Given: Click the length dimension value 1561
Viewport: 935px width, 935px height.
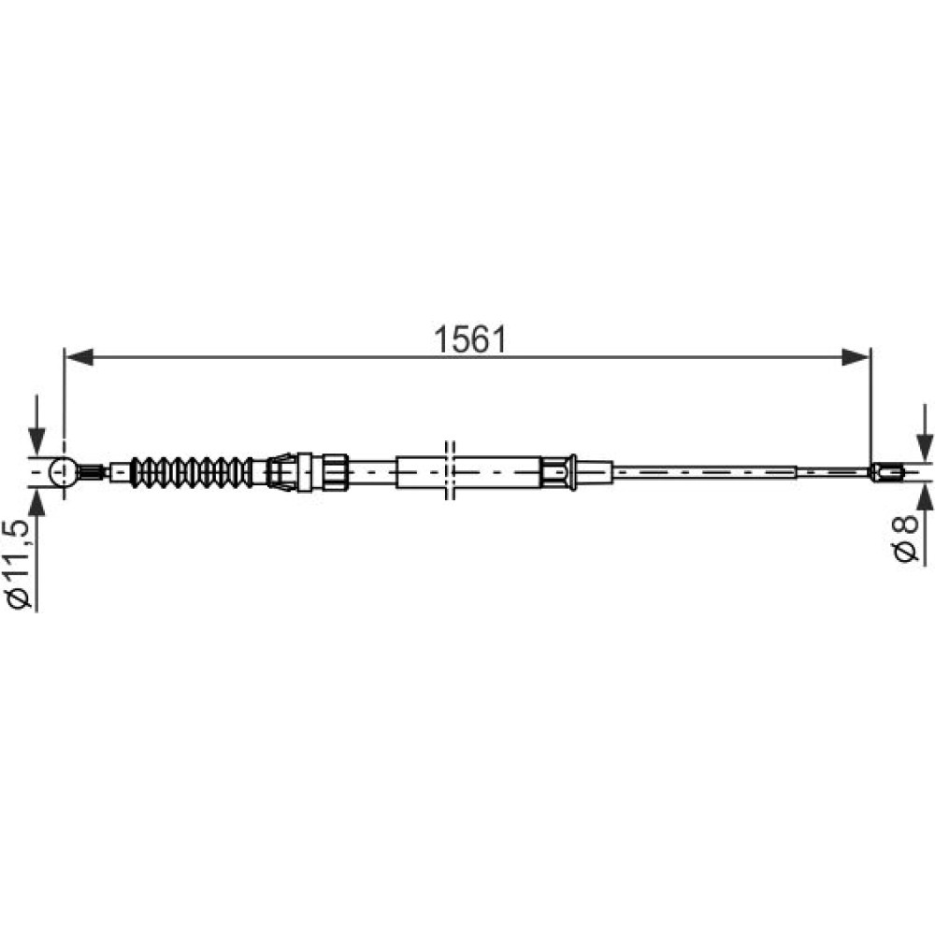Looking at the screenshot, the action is (470, 340).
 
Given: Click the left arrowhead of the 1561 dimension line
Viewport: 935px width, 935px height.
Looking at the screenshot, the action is (79, 358).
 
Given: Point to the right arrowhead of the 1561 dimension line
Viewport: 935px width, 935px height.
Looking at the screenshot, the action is (856, 358).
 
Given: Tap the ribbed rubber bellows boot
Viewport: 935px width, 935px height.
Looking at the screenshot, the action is (191, 471).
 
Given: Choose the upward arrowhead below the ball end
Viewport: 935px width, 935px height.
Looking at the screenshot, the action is (37, 501).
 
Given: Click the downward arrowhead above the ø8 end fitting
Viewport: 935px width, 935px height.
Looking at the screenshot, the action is (925, 447).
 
